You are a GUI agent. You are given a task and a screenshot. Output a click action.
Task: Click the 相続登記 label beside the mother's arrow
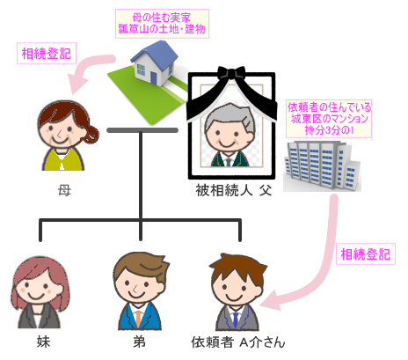47,54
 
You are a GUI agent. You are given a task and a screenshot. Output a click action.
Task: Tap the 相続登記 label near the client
366,254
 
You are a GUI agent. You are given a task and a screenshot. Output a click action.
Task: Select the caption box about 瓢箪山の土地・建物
162,24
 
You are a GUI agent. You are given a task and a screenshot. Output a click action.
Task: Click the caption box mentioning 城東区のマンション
329,119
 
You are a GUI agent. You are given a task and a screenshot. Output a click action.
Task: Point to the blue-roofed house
154,63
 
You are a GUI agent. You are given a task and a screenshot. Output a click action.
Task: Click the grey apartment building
322,166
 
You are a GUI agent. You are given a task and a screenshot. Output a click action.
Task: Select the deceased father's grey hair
230,116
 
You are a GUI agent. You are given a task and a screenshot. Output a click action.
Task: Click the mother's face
60,129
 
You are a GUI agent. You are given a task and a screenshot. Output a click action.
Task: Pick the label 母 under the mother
64,191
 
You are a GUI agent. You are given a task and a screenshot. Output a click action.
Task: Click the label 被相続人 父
234,191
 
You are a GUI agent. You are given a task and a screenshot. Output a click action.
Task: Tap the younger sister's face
38,288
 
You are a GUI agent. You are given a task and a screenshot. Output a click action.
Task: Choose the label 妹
43,342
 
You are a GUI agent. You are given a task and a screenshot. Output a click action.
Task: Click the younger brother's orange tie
138,319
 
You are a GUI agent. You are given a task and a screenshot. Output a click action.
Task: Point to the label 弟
139,342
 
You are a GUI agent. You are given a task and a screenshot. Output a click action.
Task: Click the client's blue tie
236,320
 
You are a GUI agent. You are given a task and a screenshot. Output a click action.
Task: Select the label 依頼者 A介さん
238,342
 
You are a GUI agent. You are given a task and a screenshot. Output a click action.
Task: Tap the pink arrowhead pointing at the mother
76,84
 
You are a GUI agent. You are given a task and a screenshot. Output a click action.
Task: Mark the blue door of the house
154,77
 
